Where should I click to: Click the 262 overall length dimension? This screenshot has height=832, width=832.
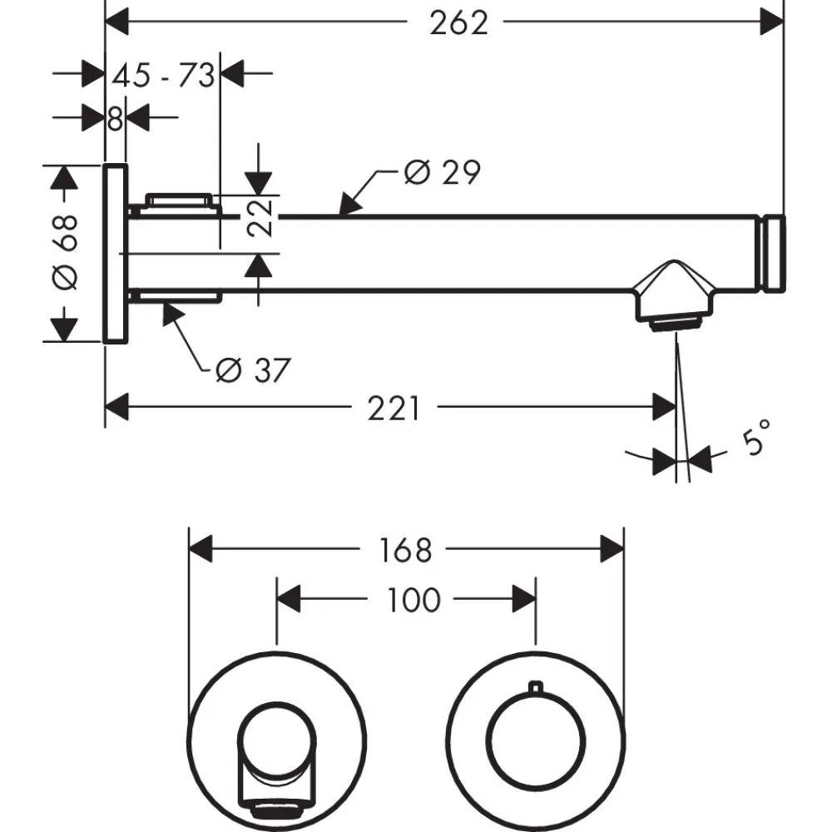(x=458, y=23)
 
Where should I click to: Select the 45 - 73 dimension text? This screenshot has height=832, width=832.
(x=164, y=76)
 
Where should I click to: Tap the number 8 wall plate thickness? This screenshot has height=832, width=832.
(x=115, y=119)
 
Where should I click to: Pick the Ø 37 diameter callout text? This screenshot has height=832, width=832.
(x=251, y=370)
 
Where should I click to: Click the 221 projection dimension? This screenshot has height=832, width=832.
(x=394, y=409)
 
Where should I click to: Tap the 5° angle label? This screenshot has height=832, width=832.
(x=755, y=439)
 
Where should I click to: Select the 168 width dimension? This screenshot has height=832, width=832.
(x=408, y=550)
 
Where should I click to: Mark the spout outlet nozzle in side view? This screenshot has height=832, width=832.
(x=676, y=321)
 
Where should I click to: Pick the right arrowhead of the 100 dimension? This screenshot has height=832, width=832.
(x=524, y=598)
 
